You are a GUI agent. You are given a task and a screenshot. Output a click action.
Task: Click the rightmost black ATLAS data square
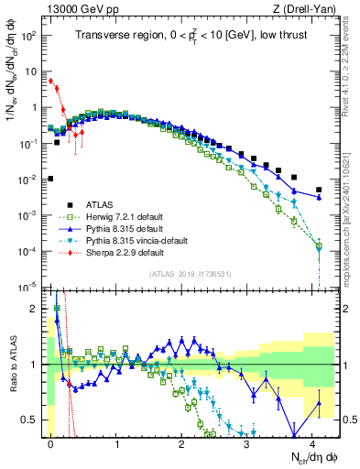[319, 190]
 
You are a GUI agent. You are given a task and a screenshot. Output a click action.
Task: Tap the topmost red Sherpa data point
[50, 81]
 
